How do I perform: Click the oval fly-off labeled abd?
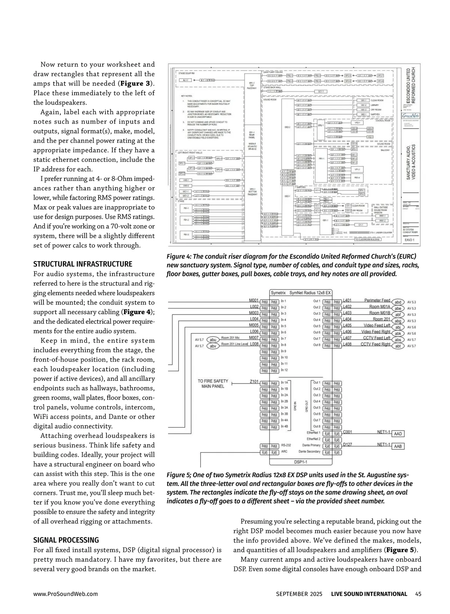pos(398,302)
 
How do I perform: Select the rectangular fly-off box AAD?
pos(398,434)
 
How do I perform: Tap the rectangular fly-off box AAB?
pos(398,446)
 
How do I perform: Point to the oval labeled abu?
pos(213,340)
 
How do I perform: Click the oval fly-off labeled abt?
pos(398,346)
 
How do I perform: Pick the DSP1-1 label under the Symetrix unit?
pos(301,462)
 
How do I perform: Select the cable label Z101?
pos(254,382)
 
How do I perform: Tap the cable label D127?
pos(347,445)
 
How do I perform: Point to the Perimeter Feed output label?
pos(377,301)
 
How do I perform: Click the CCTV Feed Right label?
pos(375,344)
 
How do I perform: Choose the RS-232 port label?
pos(286,446)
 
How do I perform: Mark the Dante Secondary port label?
pos(309,452)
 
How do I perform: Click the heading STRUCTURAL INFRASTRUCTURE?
pos(82,264)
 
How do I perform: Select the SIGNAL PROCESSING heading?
pos(66,540)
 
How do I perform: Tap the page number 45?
pos(418,594)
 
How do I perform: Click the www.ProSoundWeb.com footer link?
pos(66,594)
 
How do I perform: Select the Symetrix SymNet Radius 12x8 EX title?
pos(301,292)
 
